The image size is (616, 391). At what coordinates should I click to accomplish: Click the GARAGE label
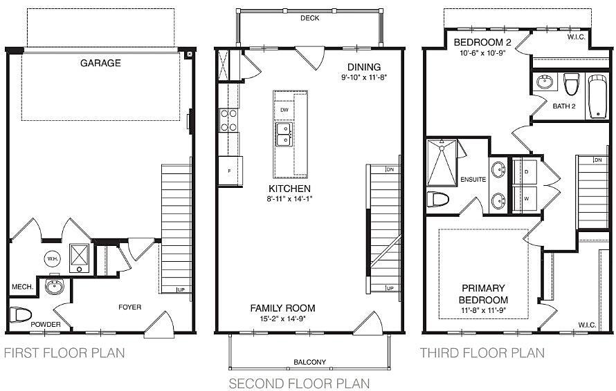pyautogui.click(x=100, y=63)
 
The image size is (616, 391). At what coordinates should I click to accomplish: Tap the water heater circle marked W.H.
pyautogui.click(x=52, y=259)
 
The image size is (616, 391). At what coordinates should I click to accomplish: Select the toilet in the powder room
pyautogui.click(x=21, y=314)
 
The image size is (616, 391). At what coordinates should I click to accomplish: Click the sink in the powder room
pyautogui.click(x=54, y=286)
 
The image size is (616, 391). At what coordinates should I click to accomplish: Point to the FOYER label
pyautogui.click(x=129, y=307)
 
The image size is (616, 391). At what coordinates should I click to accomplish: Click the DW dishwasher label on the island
pyautogui.click(x=284, y=111)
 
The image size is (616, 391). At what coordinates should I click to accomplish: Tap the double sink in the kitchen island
pyautogui.click(x=284, y=134)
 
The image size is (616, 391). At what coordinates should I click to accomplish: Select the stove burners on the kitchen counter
pyautogui.click(x=228, y=120)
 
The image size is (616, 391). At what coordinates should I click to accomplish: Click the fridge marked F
pyautogui.click(x=230, y=171)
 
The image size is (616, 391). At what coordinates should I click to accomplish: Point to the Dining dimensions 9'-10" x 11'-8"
pyautogui.click(x=364, y=77)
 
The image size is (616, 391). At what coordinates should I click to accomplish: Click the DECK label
pyautogui.click(x=309, y=18)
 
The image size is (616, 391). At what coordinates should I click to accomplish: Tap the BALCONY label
pyautogui.click(x=309, y=362)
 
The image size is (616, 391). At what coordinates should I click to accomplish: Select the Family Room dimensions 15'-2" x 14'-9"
pyautogui.click(x=282, y=318)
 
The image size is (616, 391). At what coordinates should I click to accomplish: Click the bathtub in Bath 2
pyautogui.click(x=598, y=96)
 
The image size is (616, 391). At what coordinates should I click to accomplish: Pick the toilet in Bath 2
pyautogui.click(x=571, y=84)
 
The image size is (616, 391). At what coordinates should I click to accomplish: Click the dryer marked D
pyautogui.click(x=525, y=172)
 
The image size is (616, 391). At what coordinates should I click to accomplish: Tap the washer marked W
pyautogui.click(x=525, y=199)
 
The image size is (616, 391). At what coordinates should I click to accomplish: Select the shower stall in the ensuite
pyautogui.click(x=442, y=162)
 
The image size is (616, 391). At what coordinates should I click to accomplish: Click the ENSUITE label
pyautogui.click(x=473, y=179)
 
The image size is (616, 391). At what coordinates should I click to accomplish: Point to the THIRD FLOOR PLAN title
pyautogui.click(x=482, y=353)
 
